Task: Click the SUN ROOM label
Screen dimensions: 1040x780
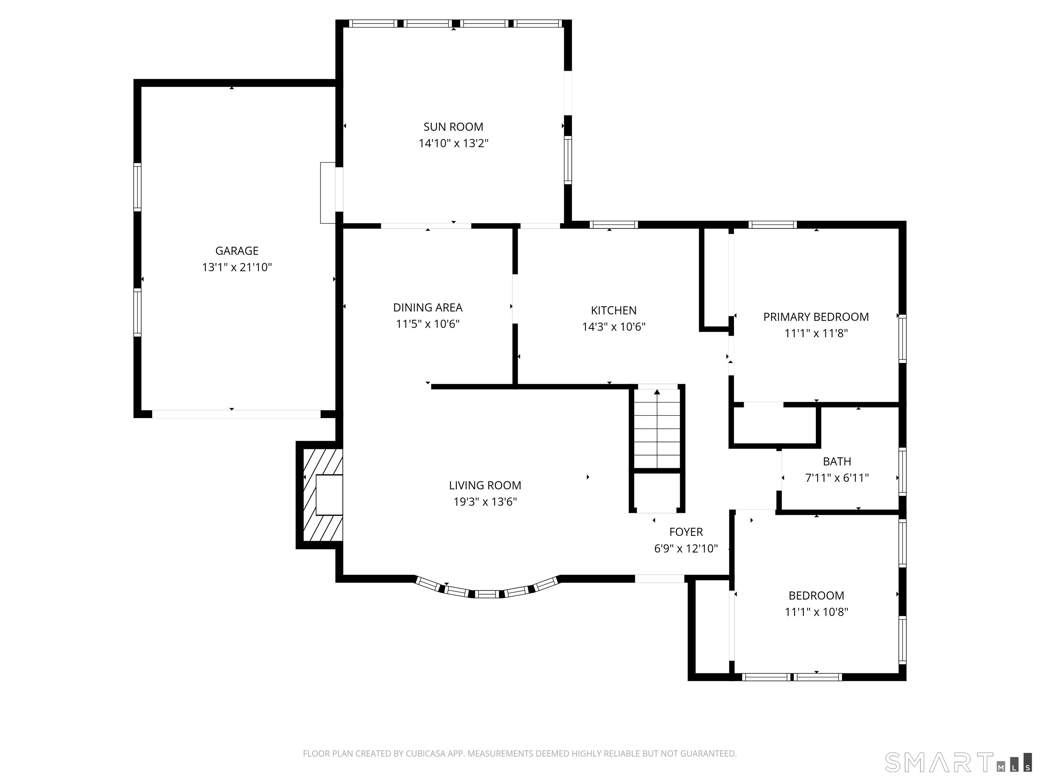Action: coord(453,127)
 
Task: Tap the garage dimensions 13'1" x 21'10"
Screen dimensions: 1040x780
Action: coord(237,267)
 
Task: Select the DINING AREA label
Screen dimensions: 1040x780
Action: coord(428,307)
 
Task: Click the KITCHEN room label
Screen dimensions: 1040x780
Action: coord(613,310)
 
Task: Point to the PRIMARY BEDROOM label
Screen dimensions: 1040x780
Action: coord(816,317)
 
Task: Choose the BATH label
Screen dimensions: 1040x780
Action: coord(837,462)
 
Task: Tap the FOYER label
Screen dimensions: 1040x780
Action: coord(686,532)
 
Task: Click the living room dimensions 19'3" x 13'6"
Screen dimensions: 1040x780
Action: coord(485,502)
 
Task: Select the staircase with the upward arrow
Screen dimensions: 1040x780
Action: coord(657,428)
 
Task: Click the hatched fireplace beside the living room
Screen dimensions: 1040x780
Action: coord(323,495)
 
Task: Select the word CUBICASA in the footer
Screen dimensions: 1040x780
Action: coord(425,754)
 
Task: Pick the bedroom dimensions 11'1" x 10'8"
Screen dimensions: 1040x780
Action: coord(816,612)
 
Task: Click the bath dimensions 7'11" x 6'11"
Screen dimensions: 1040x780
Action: coord(837,478)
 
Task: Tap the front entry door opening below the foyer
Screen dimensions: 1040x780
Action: coord(659,579)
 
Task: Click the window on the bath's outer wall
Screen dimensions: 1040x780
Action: coord(902,472)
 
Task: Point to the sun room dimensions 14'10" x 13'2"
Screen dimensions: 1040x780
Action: coord(453,144)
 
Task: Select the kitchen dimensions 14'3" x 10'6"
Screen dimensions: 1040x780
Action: coord(613,327)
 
